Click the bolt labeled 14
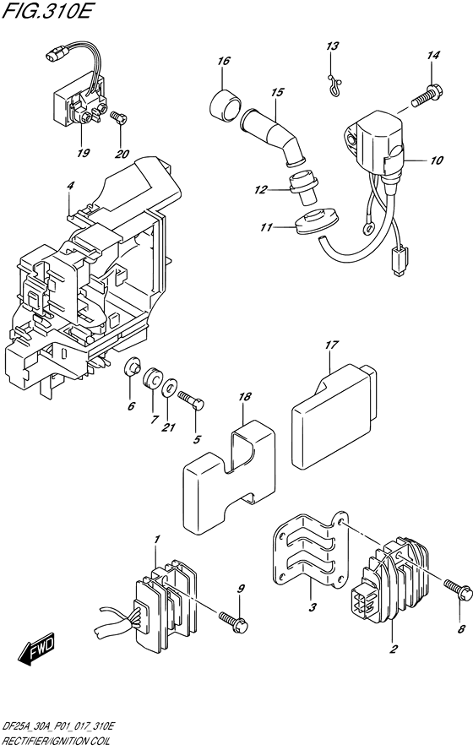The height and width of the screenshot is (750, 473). pyautogui.click(x=426, y=95)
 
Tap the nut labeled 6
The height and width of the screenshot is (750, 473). pyautogui.click(x=132, y=369)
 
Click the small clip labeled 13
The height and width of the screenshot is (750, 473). pyautogui.click(x=334, y=81)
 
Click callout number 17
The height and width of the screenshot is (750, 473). pyautogui.click(x=331, y=345)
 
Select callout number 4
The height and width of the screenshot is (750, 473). pyautogui.click(x=71, y=184)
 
